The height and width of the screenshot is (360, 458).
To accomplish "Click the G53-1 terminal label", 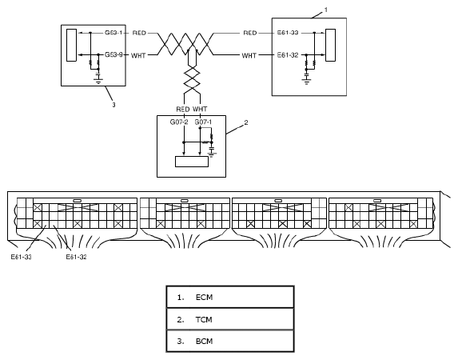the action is [x=114, y=33].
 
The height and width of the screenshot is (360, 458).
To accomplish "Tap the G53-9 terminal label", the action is [x=114, y=54].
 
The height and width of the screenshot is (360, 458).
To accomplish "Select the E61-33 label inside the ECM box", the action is [x=288, y=33].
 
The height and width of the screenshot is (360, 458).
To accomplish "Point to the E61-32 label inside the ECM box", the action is [x=288, y=55].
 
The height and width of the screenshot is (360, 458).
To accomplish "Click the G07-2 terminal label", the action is [x=179, y=122].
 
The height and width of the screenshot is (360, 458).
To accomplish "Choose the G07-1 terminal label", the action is [x=203, y=122].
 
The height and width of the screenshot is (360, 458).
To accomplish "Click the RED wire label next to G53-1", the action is [x=139, y=33].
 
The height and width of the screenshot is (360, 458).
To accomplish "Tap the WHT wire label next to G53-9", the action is [x=138, y=55].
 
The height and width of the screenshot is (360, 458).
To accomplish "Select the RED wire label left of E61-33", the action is [x=250, y=33].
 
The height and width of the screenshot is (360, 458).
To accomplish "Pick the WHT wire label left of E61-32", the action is [x=249, y=55].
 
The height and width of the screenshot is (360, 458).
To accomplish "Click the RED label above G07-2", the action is [x=183, y=109].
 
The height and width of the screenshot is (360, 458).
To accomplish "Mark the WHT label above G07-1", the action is [x=200, y=109].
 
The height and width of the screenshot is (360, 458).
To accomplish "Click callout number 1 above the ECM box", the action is [x=326, y=10].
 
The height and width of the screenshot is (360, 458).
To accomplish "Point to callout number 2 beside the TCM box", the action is [x=246, y=122].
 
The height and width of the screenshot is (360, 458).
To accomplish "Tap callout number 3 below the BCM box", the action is [x=114, y=105].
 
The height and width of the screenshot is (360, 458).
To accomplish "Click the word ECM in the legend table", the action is [x=204, y=297].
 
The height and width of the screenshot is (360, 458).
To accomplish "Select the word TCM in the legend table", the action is [x=204, y=319].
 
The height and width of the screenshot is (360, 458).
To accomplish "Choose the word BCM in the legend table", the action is [x=204, y=341].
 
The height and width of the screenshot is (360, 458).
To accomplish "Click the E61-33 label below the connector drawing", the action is [x=22, y=257].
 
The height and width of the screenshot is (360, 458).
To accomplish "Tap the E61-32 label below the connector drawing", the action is [x=76, y=257].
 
